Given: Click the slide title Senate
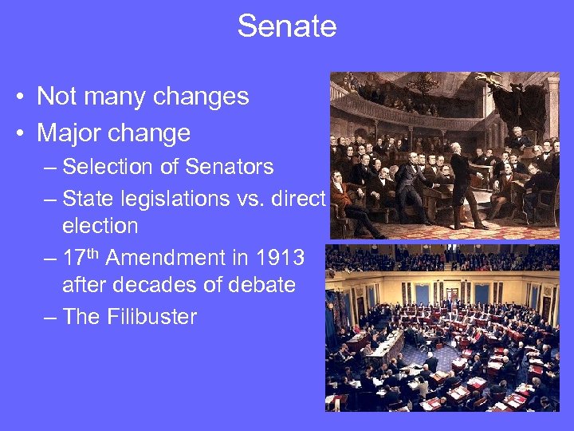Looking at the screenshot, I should pos(287,26).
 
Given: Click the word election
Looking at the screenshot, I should pos(100,226).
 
